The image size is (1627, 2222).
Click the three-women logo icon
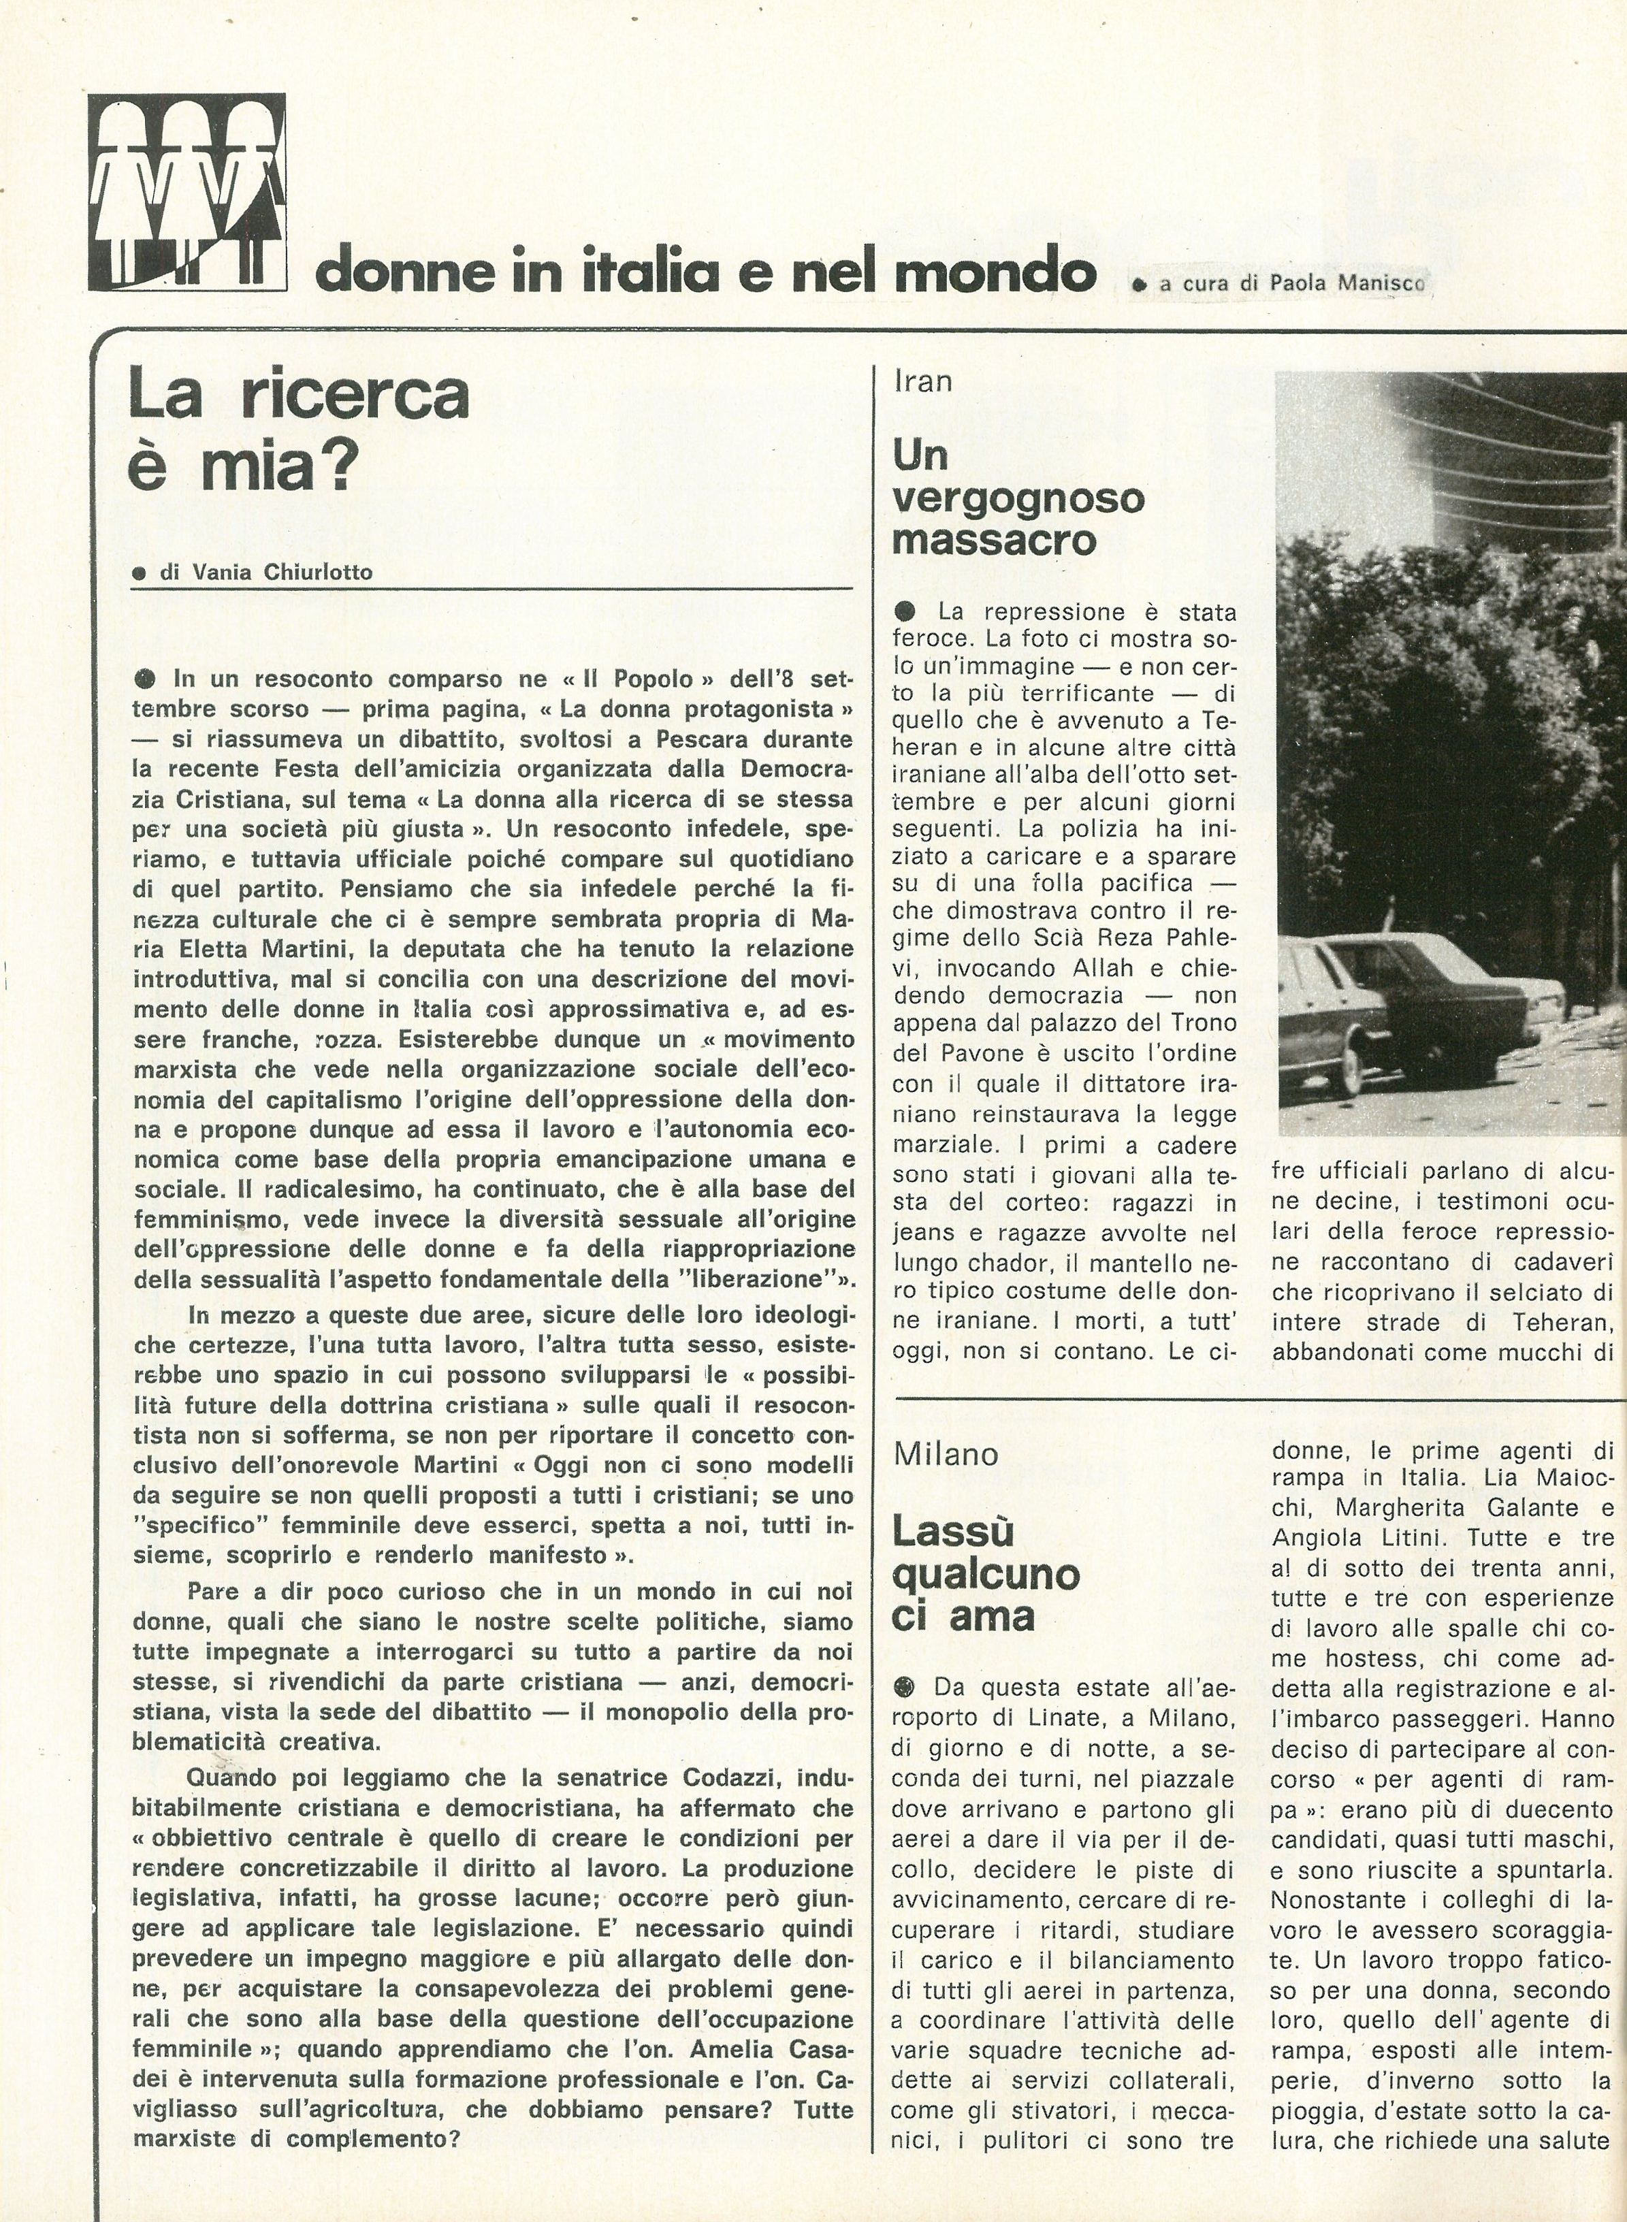pyautogui.click(x=187, y=193)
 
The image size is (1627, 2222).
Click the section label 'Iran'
pyautogui.click(x=923, y=381)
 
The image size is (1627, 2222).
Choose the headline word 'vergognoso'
pyautogui.click(x=1018, y=498)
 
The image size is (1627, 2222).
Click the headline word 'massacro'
pyautogui.click(x=994, y=541)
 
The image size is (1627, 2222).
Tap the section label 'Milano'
pyautogui.click(x=946, y=1453)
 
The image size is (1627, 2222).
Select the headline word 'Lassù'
pyautogui.click(x=952, y=1532)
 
